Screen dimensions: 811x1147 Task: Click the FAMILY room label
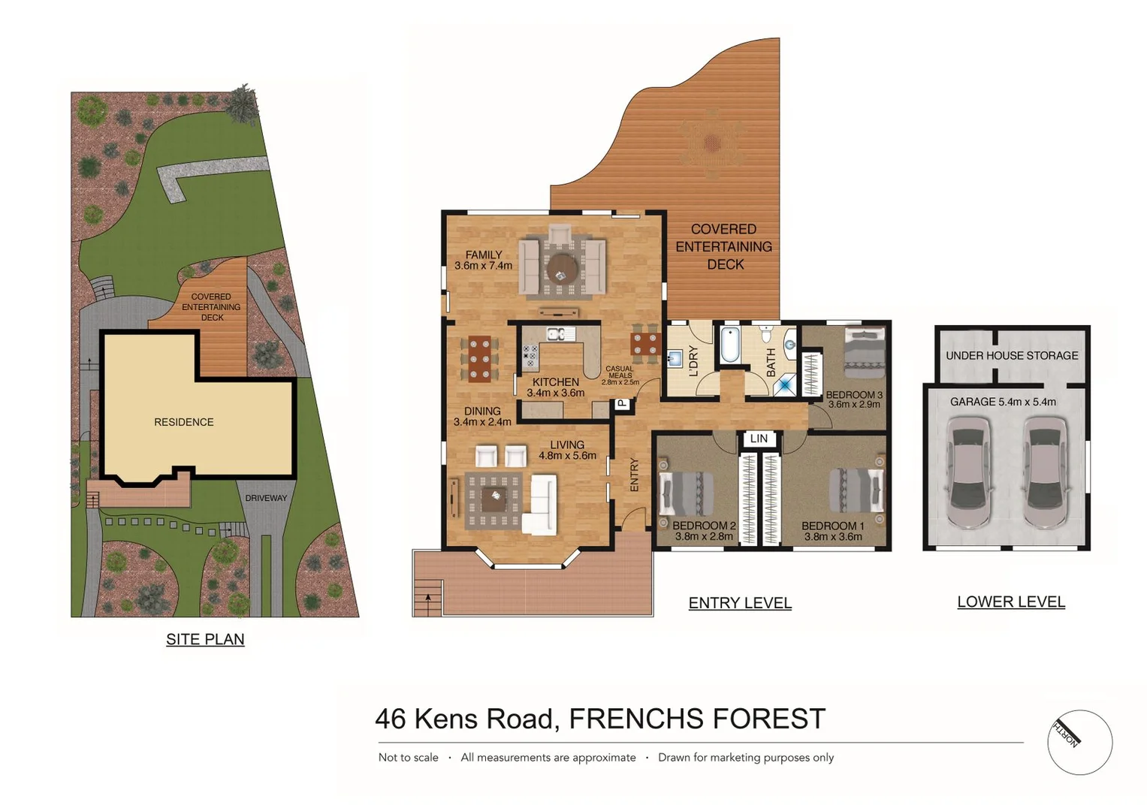pyautogui.click(x=483, y=255)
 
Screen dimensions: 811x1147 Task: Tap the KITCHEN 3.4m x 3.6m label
pyautogui.click(x=555, y=387)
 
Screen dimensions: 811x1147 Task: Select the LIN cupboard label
pyautogui.click(x=759, y=439)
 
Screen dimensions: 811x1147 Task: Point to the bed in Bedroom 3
pyautogui.click(x=864, y=352)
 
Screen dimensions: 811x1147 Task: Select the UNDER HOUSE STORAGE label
pyautogui.click(x=1011, y=356)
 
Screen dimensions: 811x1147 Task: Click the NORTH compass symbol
pyautogui.click(x=1079, y=742)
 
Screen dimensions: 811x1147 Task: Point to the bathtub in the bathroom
pyautogui.click(x=730, y=345)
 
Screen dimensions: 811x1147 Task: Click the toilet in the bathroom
pyautogui.click(x=765, y=332)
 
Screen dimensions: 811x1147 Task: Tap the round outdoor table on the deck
pyautogui.click(x=711, y=143)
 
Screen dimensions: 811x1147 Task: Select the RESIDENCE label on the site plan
pyautogui.click(x=184, y=422)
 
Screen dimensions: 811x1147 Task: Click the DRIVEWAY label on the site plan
pyautogui.click(x=266, y=498)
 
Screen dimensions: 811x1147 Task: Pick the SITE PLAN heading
pyautogui.click(x=205, y=639)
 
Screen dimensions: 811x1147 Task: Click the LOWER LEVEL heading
pyautogui.click(x=1010, y=602)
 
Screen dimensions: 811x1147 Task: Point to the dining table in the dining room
pyautogui.click(x=479, y=359)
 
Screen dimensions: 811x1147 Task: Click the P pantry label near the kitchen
pyautogui.click(x=622, y=404)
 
